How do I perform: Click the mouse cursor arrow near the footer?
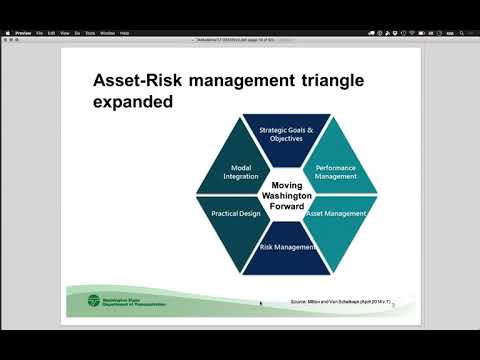tap(261, 303)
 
